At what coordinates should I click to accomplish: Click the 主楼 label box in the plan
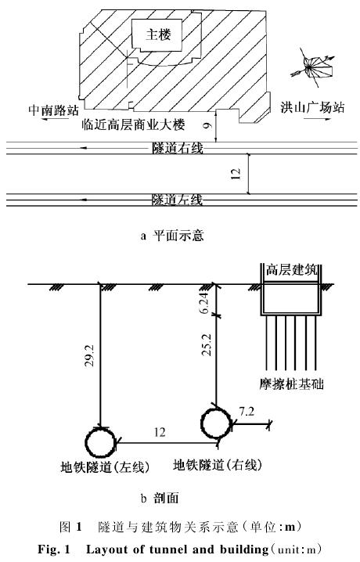tap(158, 34)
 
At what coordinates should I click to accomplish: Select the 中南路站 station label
tap(53, 110)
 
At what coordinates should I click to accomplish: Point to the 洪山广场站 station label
tap(312, 107)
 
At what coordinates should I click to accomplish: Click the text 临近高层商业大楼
tap(133, 124)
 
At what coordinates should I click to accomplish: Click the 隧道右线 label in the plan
tap(178, 148)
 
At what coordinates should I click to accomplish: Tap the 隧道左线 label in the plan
tap(178, 200)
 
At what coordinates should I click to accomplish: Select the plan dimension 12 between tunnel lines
tap(236, 174)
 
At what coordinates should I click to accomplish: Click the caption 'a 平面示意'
tap(172, 236)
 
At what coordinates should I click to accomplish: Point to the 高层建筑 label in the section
tap(291, 270)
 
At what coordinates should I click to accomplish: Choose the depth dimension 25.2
tap(207, 344)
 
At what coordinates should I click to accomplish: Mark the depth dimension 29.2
tap(89, 355)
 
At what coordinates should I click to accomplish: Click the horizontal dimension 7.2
tap(247, 412)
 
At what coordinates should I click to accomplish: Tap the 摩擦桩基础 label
tap(291, 384)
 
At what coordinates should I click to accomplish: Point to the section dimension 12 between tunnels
tap(160, 432)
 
